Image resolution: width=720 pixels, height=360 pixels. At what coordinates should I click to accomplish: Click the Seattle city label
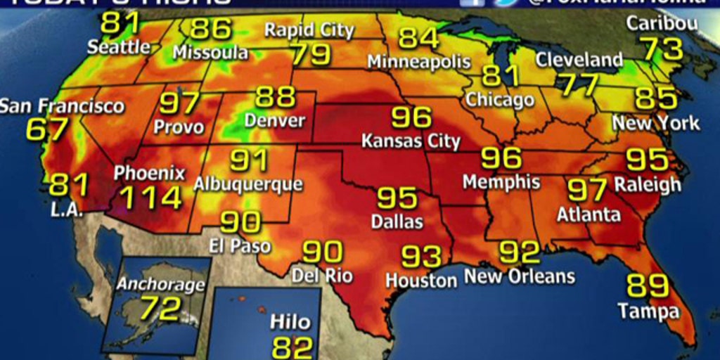tap(119, 47)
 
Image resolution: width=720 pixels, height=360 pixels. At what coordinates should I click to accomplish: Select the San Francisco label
tap(62, 107)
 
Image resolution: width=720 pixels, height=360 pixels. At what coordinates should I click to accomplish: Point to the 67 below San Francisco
tap(48, 129)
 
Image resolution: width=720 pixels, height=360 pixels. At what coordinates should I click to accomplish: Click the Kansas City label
tap(411, 141)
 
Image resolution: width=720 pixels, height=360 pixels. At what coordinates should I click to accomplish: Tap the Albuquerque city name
tap(247, 184)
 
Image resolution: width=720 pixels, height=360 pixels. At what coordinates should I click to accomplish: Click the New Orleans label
tap(520, 276)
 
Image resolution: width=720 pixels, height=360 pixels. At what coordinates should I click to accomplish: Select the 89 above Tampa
tap(647, 286)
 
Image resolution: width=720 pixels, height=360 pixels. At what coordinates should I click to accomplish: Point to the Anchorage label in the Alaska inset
tap(160, 285)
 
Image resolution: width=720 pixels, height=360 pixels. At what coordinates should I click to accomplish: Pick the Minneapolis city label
tap(418, 61)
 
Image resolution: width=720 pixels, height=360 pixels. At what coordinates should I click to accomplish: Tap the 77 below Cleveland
tap(579, 84)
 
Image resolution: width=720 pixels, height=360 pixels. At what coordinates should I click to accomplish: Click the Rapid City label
tap(309, 30)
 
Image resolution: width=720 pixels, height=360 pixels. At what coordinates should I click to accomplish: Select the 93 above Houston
tap(421, 257)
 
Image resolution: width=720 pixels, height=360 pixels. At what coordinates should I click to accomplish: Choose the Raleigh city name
tap(648, 184)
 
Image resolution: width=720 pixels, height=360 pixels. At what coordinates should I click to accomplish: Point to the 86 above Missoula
tap(211, 29)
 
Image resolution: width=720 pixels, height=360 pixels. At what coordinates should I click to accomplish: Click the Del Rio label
tap(322, 275)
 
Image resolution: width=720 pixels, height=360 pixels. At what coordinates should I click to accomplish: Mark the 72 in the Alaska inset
tap(160, 309)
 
